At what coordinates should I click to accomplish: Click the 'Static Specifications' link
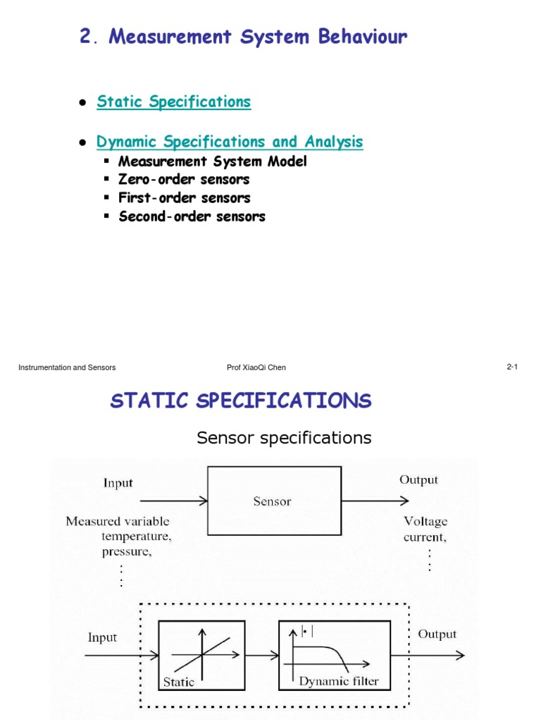pyautogui.click(x=173, y=102)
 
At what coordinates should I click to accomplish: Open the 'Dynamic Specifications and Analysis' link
pyautogui.click(x=230, y=142)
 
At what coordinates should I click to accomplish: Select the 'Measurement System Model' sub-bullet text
pyautogui.click(x=212, y=161)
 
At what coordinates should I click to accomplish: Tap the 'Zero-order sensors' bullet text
pyautogui.click(x=184, y=180)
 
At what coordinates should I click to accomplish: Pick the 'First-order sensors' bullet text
pyautogui.click(x=184, y=198)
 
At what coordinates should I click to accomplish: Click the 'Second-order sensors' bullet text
pyautogui.click(x=192, y=216)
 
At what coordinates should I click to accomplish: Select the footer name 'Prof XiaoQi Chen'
pyautogui.click(x=256, y=367)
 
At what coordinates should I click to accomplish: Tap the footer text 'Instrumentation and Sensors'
pyautogui.click(x=67, y=367)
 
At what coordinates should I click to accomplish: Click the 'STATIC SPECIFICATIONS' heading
pyautogui.click(x=240, y=401)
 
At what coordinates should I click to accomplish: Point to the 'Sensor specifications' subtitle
pyautogui.click(x=284, y=438)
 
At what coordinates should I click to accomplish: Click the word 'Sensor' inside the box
pyautogui.click(x=272, y=502)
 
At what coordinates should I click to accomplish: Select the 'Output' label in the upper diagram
pyautogui.click(x=418, y=480)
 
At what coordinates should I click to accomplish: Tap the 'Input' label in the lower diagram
pyautogui.click(x=102, y=637)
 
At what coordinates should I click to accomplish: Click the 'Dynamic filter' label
pyautogui.click(x=339, y=681)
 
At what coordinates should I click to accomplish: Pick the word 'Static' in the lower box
pyautogui.click(x=179, y=682)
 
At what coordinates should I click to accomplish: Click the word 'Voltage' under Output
pyautogui.click(x=425, y=522)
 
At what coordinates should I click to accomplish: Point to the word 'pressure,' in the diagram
pyautogui.click(x=126, y=551)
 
